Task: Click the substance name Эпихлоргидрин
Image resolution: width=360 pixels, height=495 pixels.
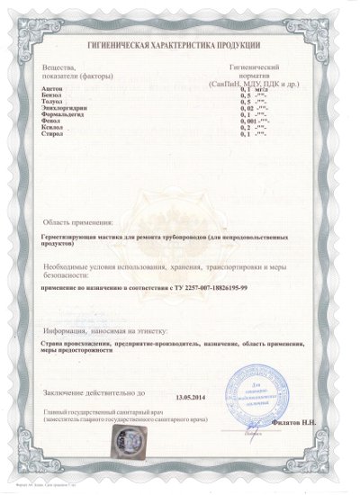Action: [63, 113]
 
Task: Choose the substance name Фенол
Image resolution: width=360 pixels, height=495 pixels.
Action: [51, 127]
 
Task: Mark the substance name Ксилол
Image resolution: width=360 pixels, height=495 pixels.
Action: [52, 134]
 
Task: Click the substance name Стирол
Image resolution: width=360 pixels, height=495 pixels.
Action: [52, 141]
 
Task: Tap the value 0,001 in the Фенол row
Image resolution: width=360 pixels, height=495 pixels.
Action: [248, 127]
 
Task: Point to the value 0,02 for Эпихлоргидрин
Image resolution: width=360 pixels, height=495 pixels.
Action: [247, 113]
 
